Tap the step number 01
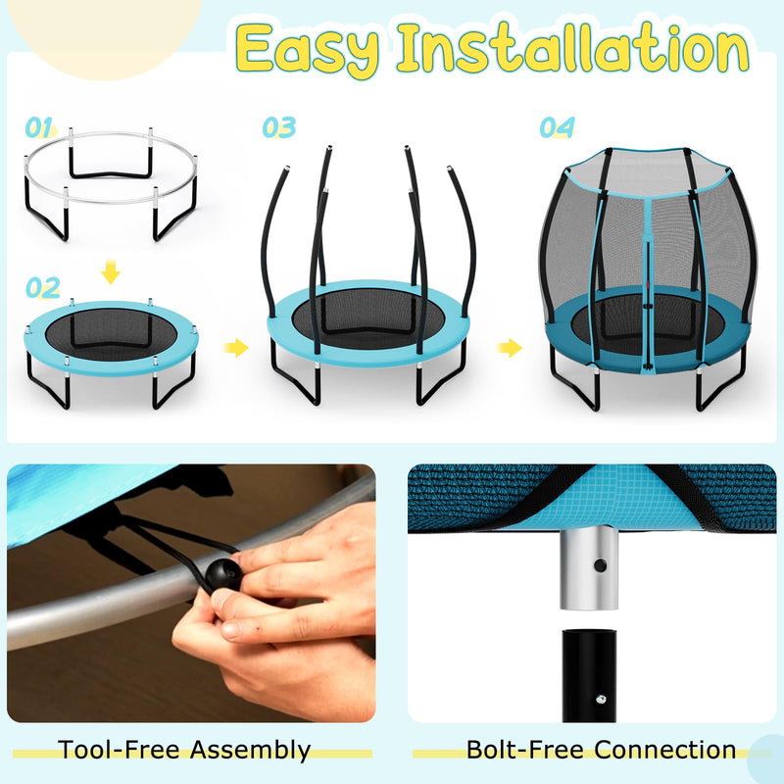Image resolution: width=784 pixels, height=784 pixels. click(x=39, y=127)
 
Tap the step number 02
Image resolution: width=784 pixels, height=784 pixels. click(x=43, y=287)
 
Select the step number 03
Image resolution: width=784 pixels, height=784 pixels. click(x=278, y=127)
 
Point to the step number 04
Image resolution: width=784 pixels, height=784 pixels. click(x=557, y=127)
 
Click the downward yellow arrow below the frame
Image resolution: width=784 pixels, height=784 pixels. click(x=112, y=270)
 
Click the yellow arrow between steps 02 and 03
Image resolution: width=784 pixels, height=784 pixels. click(x=235, y=347)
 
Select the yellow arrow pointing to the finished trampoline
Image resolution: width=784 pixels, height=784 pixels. click(x=510, y=347)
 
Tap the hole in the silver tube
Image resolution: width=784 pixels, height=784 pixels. click(x=600, y=565)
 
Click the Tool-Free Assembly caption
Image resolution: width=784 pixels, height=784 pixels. click(x=184, y=751)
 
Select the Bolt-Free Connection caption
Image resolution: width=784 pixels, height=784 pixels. click(x=601, y=751)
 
